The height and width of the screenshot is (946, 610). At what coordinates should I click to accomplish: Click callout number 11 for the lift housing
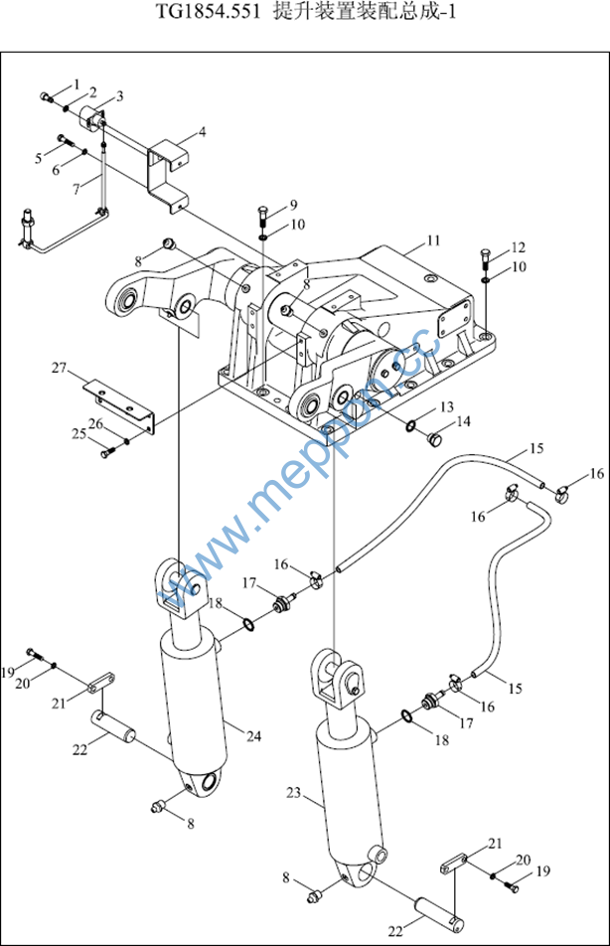433,240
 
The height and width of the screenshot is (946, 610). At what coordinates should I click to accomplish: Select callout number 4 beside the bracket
202,131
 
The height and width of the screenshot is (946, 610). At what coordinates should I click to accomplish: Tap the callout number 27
59,368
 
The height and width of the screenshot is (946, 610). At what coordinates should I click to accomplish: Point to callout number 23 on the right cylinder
293,793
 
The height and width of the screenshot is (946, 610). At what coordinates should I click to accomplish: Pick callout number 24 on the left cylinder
254,736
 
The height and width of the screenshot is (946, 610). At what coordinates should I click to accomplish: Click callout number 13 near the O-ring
446,406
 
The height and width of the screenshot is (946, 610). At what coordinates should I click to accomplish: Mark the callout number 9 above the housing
294,205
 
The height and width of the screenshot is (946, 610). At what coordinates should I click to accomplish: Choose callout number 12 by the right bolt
519,247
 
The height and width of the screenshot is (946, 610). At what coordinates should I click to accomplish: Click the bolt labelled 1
47,96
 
